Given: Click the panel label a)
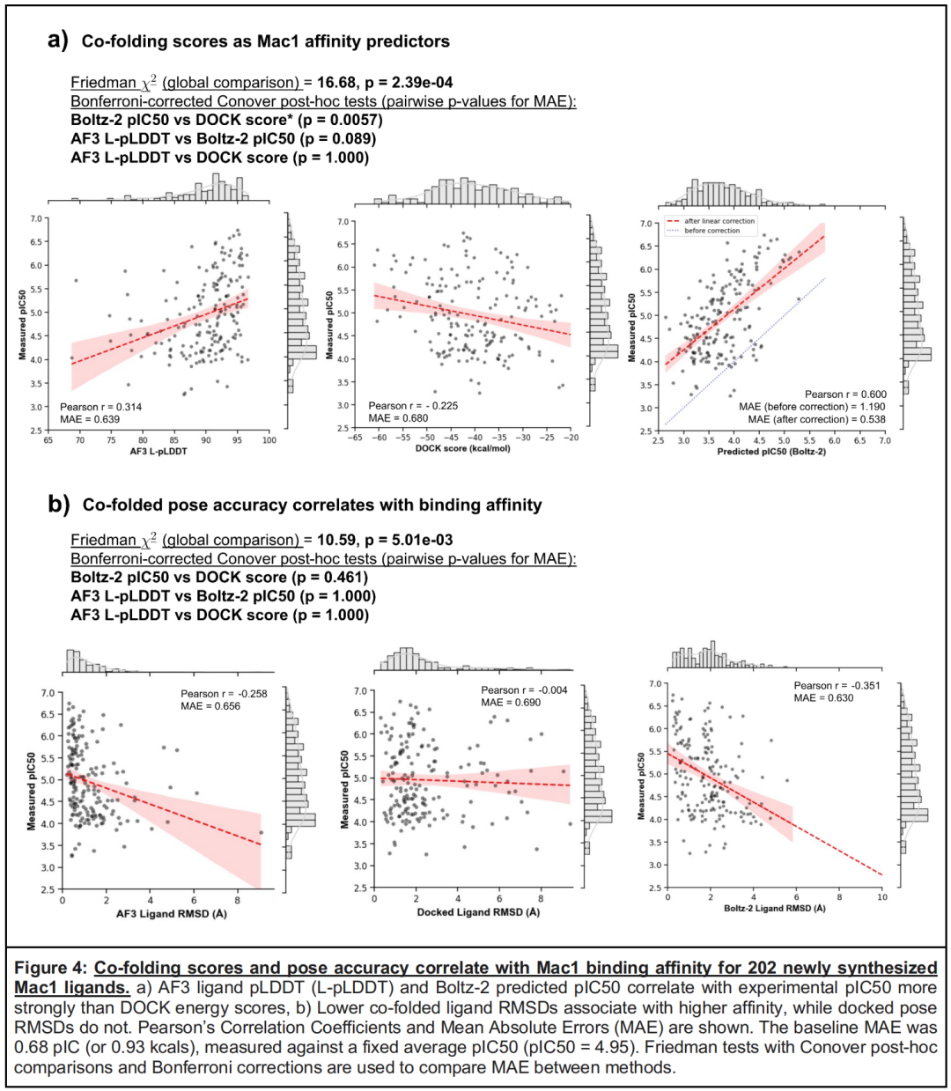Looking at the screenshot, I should pyautogui.click(x=57, y=41).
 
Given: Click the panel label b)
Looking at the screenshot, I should pyautogui.click(x=59, y=505).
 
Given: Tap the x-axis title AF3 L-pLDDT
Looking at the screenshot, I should pyautogui.click(x=158, y=452).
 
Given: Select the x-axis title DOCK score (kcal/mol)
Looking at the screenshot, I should pyautogui.click(x=462, y=448).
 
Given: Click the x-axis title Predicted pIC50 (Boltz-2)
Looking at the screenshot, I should pyautogui.click(x=771, y=452).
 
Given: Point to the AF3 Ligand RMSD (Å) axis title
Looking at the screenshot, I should pyautogui.click(x=172, y=913).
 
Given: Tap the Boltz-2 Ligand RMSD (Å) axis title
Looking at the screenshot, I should pyautogui.click(x=775, y=908).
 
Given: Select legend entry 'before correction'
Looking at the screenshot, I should pyautogui.click(x=712, y=231).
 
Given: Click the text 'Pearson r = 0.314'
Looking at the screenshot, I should pyautogui.click(x=100, y=407).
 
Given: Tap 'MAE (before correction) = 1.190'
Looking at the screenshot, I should pyautogui.click(x=812, y=407).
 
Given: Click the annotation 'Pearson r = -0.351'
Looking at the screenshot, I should pyautogui.click(x=837, y=686).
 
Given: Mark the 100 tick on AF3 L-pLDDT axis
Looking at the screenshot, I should pyautogui.click(x=269, y=440).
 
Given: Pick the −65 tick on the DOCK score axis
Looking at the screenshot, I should pyautogui.click(x=355, y=438).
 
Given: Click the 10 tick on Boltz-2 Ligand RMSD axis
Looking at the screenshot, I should pyautogui.click(x=881, y=897).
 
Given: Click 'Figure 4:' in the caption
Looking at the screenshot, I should pyautogui.click(x=52, y=968).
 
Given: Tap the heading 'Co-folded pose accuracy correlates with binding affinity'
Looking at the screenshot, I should pyautogui.click(x=312, y=505).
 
